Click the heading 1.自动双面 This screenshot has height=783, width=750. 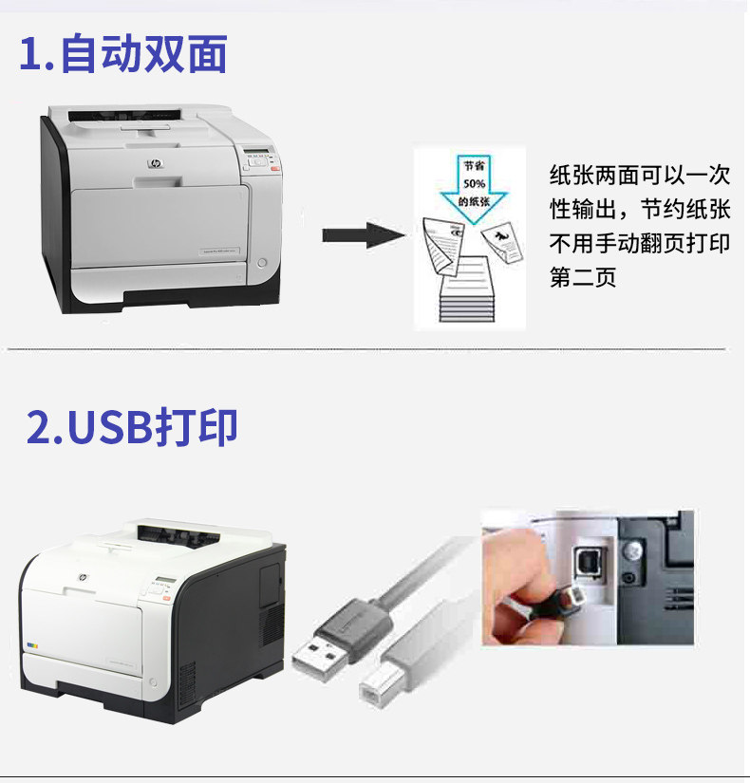point(123,54)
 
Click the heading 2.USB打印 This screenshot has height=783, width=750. point(132,428)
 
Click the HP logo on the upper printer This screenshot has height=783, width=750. point(155,164)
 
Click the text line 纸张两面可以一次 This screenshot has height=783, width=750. point(640,176)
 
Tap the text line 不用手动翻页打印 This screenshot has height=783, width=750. point(640,244)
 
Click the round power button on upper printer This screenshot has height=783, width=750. point(263,261)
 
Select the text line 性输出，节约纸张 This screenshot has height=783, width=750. point(640,210)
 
